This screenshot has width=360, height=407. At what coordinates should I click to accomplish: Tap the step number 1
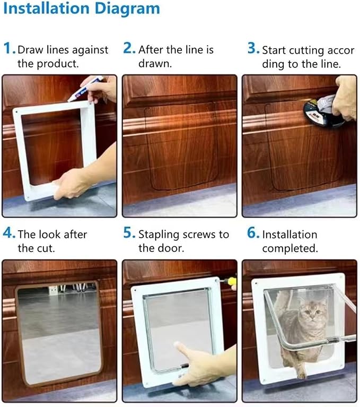point(8,49)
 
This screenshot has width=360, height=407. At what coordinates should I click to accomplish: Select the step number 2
point(129,49)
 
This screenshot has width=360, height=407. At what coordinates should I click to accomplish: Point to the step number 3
point(252,49)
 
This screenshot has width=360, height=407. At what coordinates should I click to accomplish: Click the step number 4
point(8,233)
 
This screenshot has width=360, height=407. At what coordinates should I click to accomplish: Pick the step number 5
point(129,233)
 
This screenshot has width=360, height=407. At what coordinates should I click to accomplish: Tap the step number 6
point(252,233)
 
